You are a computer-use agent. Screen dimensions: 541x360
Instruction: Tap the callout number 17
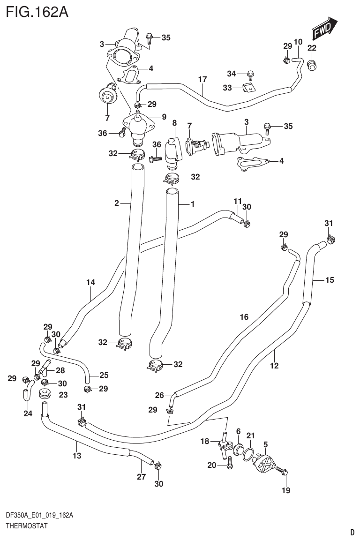coord(202,79)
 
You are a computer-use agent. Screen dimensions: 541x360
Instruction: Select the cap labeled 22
coord(312,64)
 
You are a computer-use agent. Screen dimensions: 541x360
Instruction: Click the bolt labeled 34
coord(250,74)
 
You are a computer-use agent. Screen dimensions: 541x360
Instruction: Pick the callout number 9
coord(164,117)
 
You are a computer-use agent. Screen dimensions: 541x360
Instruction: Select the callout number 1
coord(192,204)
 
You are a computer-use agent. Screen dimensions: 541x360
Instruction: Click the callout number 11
coord(238,201)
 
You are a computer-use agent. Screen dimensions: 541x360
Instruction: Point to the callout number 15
coord(330,280)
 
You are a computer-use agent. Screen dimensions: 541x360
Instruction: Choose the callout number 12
coord(275,365)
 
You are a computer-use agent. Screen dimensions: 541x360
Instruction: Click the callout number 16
coord(244,317)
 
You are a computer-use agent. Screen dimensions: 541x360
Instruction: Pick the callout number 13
coord(77,455)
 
